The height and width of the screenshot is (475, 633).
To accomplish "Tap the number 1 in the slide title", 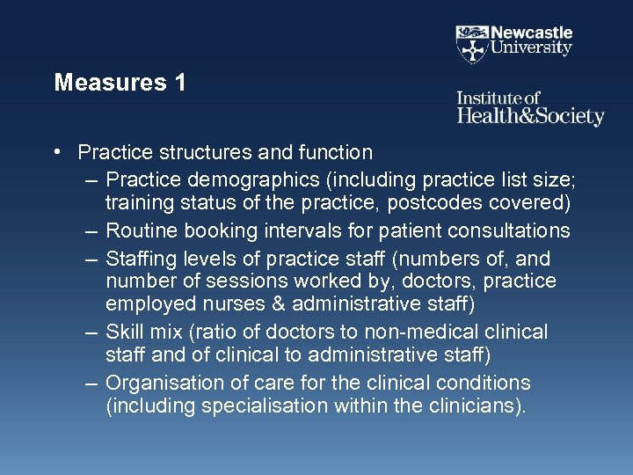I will pyautogui.click(x=180, y=84).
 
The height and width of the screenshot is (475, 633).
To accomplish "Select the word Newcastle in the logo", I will pyautogui.click(x=531, y=33).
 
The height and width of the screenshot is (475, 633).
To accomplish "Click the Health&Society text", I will pyautogui.click(x=530, y=116).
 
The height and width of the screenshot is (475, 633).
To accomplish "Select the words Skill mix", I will pyautogui.click(x=148, y=332).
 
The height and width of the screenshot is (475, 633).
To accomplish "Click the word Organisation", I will pyautogui.click(x=164, y=383).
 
